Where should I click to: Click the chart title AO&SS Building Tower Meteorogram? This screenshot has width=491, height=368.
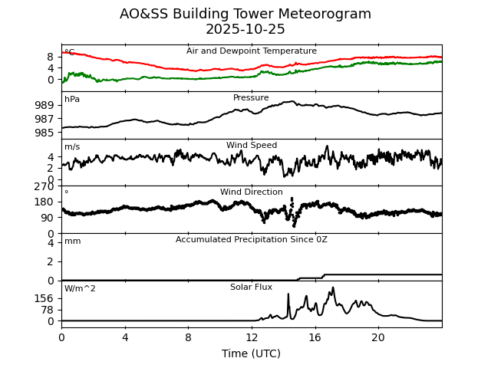[245, 14]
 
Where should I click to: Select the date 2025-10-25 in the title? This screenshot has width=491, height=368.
[245, 30]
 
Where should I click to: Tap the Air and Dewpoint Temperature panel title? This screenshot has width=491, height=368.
[252, 51]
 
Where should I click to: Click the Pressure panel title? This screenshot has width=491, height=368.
[251, 98]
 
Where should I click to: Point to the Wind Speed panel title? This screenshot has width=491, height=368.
[252, 146]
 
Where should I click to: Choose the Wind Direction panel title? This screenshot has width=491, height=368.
[252, 192]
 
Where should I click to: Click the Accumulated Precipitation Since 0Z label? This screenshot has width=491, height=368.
[252, 240]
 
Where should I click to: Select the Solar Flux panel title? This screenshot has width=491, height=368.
[252, 287]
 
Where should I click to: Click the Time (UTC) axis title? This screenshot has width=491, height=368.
[252, 353]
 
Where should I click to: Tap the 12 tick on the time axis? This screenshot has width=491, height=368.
[252, 337]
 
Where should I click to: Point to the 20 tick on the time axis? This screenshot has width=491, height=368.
[378, 337]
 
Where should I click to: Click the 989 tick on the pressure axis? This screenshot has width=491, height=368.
[44, 105]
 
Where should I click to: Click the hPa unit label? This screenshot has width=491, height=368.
[72, 100]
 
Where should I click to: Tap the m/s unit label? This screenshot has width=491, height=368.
[72, 147]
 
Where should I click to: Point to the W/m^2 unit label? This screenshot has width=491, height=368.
[80, 289]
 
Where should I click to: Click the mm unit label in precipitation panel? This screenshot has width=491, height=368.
[72, 242]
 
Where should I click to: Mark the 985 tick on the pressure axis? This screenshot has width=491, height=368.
[44, 133]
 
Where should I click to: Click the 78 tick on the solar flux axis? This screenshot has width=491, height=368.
[48, 310]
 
